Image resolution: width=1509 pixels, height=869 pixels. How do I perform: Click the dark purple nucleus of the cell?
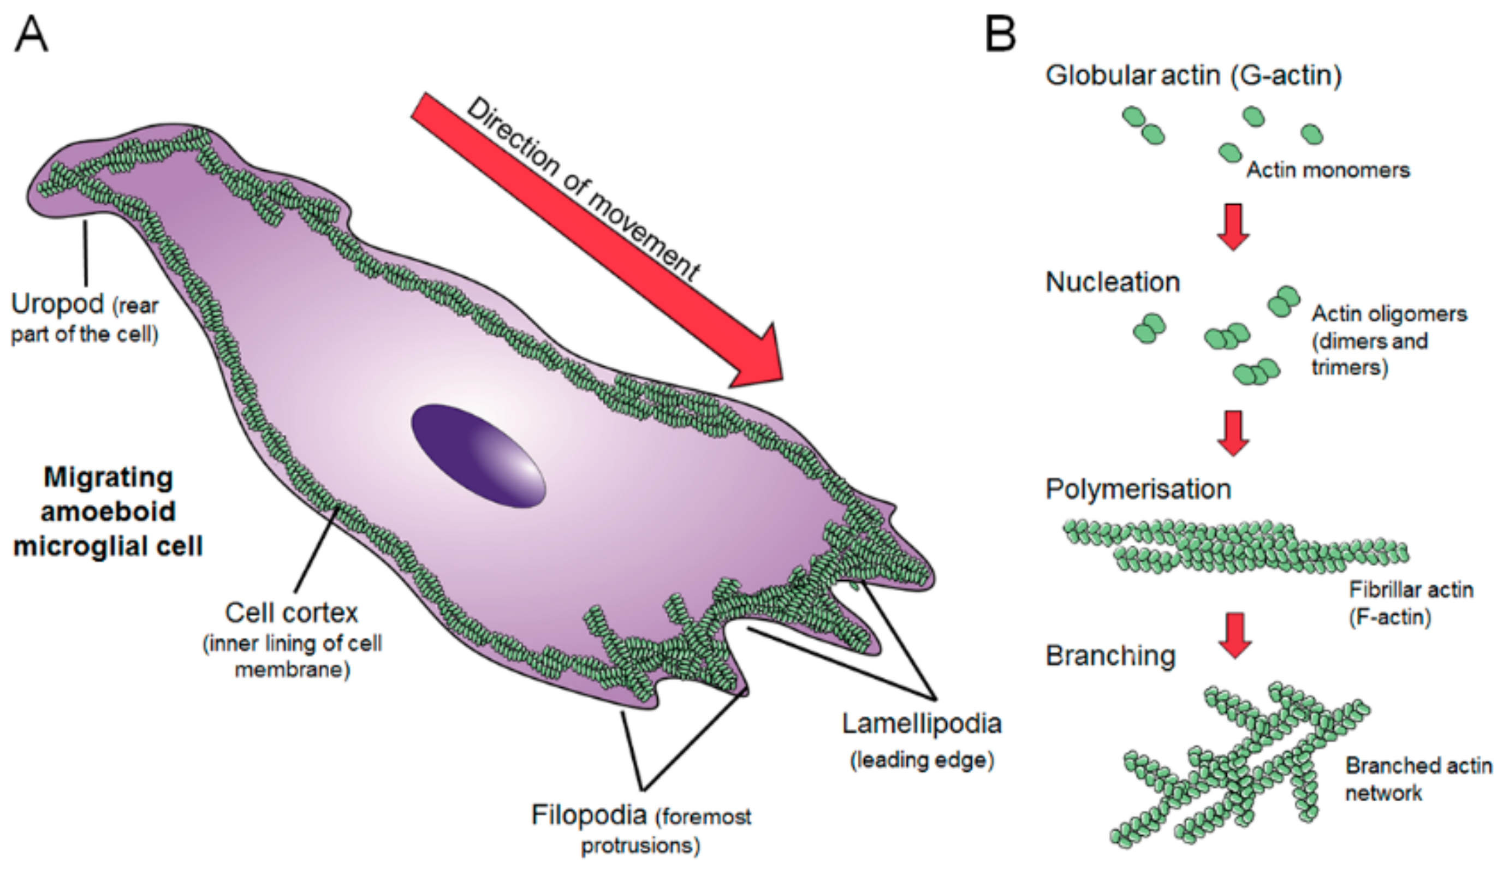point(478,456)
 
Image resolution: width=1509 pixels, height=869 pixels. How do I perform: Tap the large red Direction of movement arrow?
point(597,239)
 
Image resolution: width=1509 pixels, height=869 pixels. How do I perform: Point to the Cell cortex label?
point(292,613)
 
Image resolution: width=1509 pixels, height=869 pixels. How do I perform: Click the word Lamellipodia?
point(922,723)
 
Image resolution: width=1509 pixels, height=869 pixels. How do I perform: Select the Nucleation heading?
point(1113,282)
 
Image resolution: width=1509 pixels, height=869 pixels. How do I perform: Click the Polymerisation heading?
point(1138,489)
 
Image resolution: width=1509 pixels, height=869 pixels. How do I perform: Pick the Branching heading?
point(1110,656)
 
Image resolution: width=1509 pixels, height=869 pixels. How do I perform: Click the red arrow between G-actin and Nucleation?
point(1233,227)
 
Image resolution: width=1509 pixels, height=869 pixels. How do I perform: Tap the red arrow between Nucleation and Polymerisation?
point(1233,433)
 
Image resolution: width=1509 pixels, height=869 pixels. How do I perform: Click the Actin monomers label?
point(1328,170)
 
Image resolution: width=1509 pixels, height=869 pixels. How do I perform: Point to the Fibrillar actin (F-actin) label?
point(1411,603)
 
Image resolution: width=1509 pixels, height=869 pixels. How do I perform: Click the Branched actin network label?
point(1418,779)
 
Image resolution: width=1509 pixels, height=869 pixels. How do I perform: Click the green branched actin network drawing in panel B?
point(1235,770)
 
